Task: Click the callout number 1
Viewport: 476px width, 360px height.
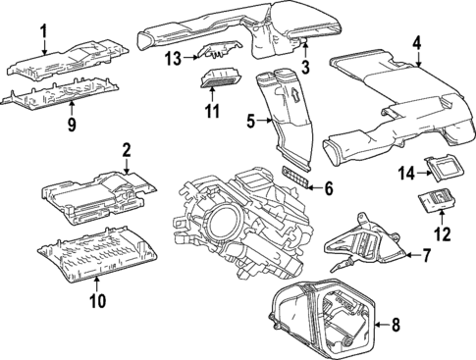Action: [44, 31]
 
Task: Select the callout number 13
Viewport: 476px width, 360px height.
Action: [173, 59]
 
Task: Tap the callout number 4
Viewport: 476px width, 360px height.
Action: [417, 44]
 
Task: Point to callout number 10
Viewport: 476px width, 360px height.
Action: [98, 301]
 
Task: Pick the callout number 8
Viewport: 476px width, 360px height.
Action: [396, 325]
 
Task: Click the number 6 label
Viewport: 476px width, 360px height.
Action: [329, 188]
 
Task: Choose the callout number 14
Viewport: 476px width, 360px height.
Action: [406, 173]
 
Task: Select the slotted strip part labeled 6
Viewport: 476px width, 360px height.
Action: [295, 178]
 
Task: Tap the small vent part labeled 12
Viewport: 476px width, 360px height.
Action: [438, 201]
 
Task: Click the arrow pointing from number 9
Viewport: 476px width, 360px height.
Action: [72, 111]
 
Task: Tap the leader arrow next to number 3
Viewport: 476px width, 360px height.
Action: [305, 51]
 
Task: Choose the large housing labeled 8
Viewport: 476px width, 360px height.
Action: [323, 319]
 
